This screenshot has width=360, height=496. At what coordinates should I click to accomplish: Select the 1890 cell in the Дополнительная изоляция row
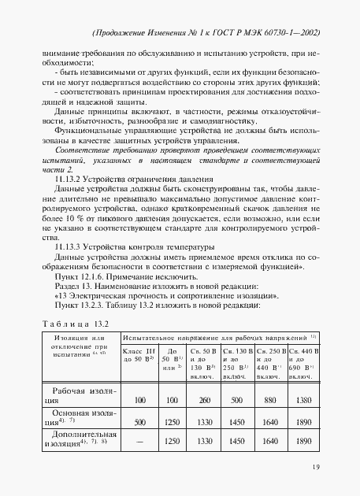tap(302, 442)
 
